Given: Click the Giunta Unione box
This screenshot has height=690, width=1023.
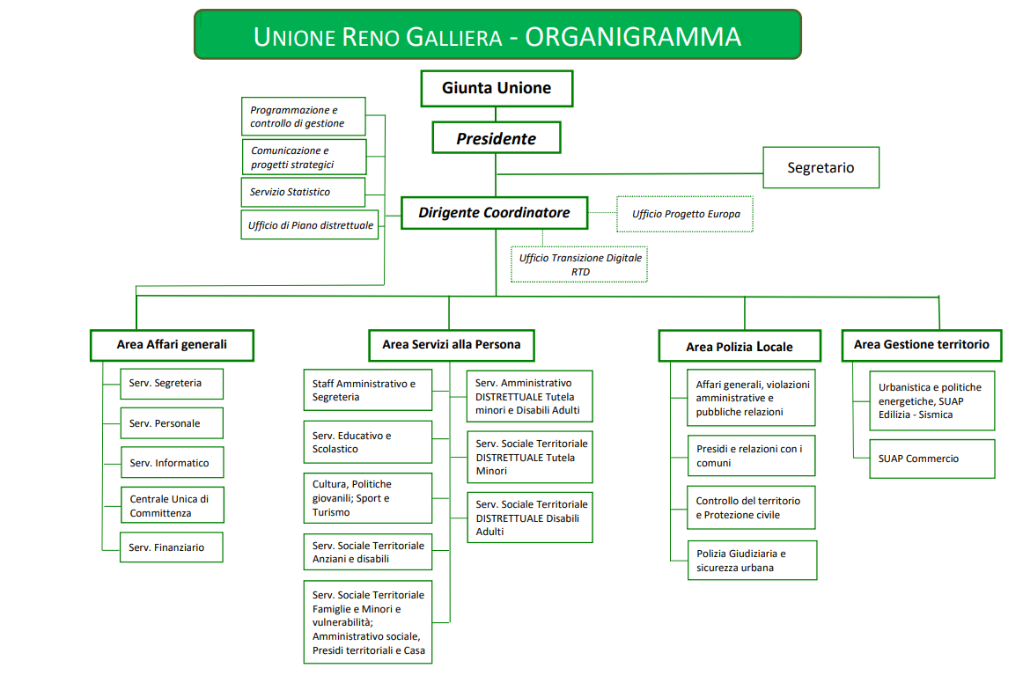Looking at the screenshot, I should pos(496,88).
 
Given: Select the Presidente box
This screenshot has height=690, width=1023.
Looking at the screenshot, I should pos(496,138).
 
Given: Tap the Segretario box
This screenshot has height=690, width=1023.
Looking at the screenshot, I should pos(821,167).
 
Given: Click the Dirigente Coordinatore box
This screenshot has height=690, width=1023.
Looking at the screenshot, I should pos(494,213).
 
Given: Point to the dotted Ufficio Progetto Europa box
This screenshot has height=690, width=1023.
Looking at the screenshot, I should pos(685,214).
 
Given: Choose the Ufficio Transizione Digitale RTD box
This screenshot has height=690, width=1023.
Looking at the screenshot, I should pos(579,264).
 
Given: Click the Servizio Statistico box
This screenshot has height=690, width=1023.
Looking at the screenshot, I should pos(303,192).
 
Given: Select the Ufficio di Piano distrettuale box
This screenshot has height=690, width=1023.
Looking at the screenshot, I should pos(310,225).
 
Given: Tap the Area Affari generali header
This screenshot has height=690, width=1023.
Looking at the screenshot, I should pos(172,344).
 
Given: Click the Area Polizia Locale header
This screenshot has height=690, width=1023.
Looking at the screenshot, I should pos(740,346).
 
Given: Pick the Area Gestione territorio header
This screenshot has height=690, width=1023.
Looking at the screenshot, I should pos(921,344).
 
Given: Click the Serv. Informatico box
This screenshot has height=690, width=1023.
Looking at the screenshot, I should pos(171,463).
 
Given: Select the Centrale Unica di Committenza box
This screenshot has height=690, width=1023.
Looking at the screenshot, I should pos(171,506).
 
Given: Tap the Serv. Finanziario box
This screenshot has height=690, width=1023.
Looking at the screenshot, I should pos(171,547).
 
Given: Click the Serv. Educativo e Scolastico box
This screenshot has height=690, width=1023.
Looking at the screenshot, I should pos(367,442).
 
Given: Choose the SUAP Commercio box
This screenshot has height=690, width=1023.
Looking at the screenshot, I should pos(932,459).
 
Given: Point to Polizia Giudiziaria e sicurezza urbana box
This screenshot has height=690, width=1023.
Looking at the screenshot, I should pos(751,561).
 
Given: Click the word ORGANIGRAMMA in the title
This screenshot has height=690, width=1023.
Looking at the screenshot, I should pos(633,36).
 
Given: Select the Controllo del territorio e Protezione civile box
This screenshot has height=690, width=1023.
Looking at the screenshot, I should pos(751,508).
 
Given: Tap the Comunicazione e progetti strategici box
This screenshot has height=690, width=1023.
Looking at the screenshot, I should pos(303,158).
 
